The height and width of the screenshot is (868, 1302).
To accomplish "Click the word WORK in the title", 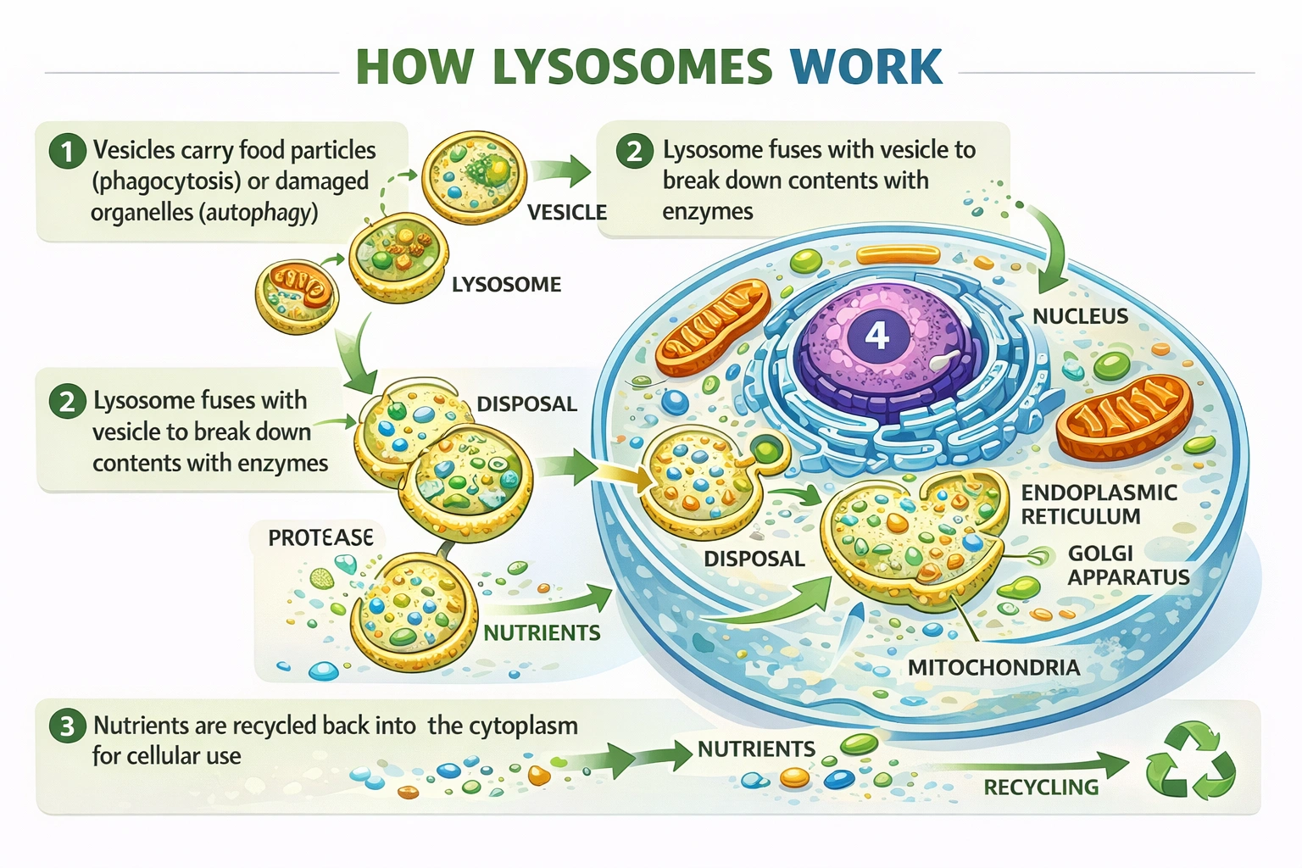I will (x=865, y=67).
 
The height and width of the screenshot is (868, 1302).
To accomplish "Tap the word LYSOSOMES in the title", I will (x=632, y=67).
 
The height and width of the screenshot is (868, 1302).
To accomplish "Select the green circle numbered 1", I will (x=67, y=152).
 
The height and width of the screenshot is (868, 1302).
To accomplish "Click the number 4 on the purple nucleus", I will (x=876, y=337).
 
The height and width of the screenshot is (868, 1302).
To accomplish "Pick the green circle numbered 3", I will (x=67, y=726).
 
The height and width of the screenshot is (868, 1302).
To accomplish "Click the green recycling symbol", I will (x=1190, y=760).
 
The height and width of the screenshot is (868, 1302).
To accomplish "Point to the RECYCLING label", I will (x=1040, y=787).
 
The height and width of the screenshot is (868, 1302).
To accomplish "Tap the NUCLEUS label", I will (x=1080, y=316).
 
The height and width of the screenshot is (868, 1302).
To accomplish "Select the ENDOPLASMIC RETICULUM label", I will (x=1098, y=504).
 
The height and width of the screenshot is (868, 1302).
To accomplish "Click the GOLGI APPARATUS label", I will (x=1127, y=565).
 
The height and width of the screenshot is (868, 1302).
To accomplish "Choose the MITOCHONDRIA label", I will (x=993, y=668).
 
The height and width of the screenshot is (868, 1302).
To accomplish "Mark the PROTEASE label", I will (x=320, y=538).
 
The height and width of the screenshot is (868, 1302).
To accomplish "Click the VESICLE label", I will (x=566, y=212).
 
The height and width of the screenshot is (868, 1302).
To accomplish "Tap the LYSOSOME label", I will (x=506, y=285).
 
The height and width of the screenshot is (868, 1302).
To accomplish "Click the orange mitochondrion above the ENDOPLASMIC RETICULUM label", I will (x=1123, y=418).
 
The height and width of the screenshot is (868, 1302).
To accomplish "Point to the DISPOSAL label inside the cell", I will (x=754, y=559).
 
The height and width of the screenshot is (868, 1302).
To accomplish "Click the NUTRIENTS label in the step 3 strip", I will (x=756, y=749).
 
